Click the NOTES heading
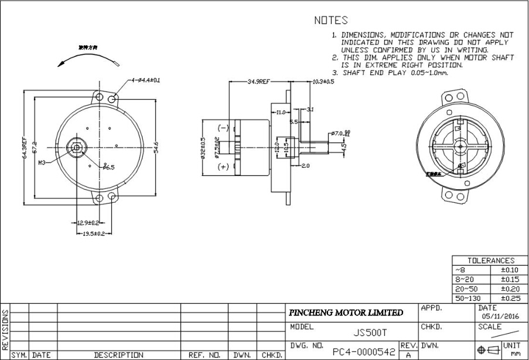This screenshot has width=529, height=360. [331, 21]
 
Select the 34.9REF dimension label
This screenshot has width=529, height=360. [258, 82]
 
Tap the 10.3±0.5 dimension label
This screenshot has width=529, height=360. [323, 81]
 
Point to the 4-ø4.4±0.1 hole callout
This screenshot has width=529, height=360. [145, 80]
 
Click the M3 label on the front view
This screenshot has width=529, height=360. [42, 162]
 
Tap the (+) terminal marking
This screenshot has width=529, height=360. [223, 167]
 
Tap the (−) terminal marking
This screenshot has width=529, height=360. [223, 128]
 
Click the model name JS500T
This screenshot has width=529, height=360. [370, 332]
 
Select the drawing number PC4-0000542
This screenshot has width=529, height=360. [364, 352]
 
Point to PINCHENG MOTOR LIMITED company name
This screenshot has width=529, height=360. [346, 313]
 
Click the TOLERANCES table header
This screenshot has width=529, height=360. [490, 260]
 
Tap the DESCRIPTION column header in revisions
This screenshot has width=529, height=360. [119, 355]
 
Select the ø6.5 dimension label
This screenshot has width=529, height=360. [108, 167]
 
